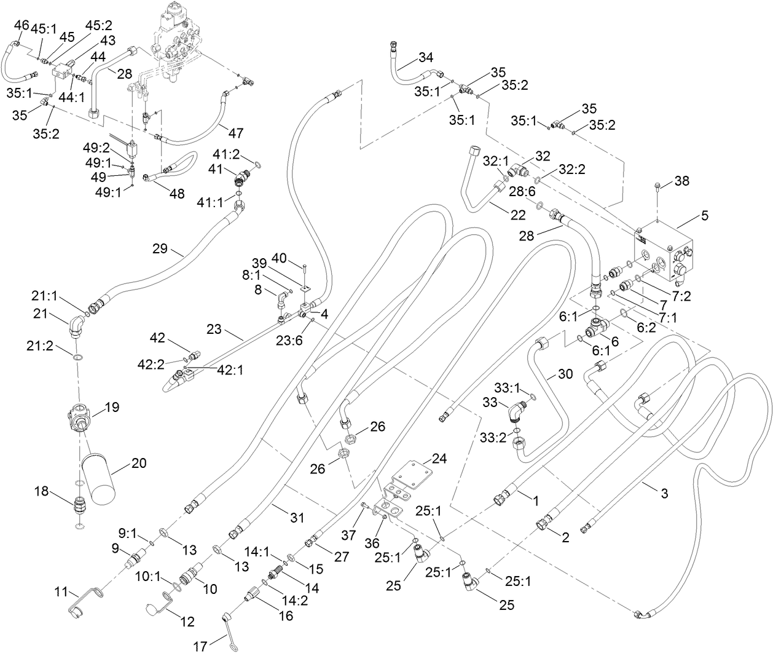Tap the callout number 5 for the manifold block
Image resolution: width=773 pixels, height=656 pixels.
tap(704, 215)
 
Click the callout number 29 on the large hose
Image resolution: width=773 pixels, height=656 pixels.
tap(160, 248)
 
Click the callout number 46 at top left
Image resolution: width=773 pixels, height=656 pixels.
tap(21, 25)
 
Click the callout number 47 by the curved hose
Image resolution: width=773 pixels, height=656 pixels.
tap(235, 133)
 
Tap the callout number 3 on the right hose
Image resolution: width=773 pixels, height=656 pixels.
tap(665, 492)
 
